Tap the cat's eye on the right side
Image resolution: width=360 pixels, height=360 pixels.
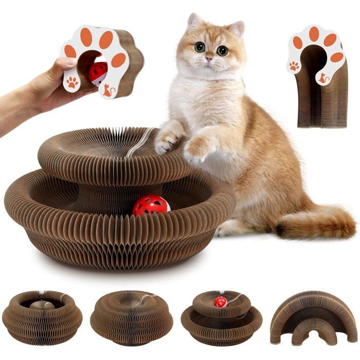[x=222, y=50]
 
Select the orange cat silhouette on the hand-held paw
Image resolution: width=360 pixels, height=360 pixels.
[x=108, y=91]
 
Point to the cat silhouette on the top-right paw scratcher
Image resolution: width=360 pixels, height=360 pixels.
[x=323, y=78]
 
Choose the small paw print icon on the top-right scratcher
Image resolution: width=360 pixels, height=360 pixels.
[x=294, y=66]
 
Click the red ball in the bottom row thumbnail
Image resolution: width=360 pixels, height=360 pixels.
[x=221, y=301]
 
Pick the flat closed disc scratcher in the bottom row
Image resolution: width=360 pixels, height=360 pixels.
[x=132, y=316]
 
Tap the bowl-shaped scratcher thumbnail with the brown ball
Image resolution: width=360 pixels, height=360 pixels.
[x=42, y=316]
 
